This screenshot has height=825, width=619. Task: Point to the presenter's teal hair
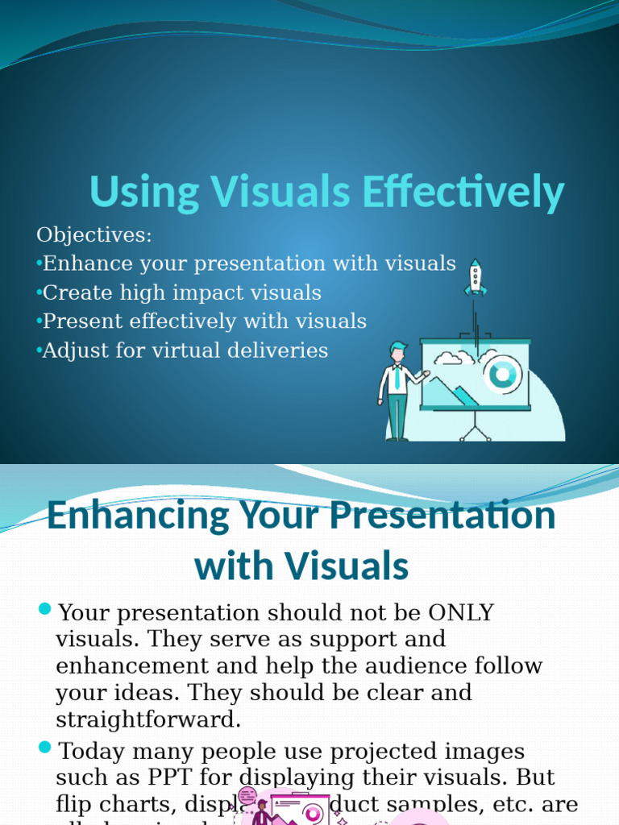click(398, 347)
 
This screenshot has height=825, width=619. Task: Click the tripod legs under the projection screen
click(475, 427)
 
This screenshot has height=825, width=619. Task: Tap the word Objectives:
click(94, 235)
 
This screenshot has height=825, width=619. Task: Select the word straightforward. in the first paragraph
click(148, 719)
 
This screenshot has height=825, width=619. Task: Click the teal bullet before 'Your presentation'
click(44, 608)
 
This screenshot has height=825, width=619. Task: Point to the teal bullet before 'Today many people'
click(44, 748)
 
